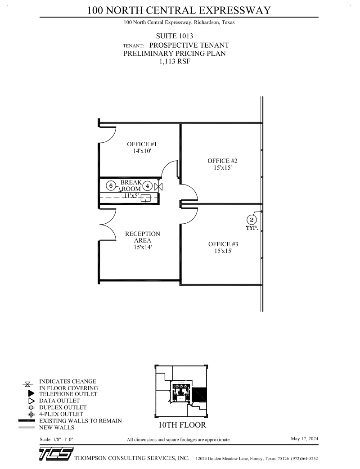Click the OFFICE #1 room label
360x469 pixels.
pyautogui.click(x=141, y=144)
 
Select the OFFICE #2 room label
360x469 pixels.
pyautogui.click(x=222, y=161)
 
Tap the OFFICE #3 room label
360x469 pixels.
pyautogui.click(x=223, y=244)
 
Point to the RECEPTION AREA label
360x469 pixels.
pyautogui.click(x=142, y=237)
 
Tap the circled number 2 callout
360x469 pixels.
pyautogui.click(x=252, y=220)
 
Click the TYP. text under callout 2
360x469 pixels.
pyautogui.click(x=252, y=228)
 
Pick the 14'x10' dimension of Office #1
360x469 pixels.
pyautogui.click(x=141, y=152)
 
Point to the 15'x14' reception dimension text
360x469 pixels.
pyautogui.click(x=142, y=248)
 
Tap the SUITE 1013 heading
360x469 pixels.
pyautogui.click(x=175, y=36)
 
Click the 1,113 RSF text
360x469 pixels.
pyautogui.click(x=175, y=62)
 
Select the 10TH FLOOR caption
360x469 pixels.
pyautogui.click(x=182, y=425)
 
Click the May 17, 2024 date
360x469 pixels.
pyautogui.click(x=304, y=438)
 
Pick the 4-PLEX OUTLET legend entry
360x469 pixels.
pyautogui.click(x=61, y=414)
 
